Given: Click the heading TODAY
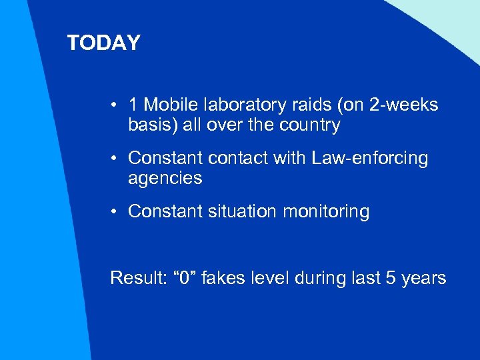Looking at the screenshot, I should (103, 43).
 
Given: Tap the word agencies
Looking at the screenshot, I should (165, 179).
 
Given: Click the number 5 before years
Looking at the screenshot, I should (391, 277).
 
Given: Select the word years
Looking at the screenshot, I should (424, 278).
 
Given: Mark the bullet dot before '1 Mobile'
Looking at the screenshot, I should (115, 105).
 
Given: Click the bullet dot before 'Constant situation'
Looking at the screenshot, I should (115, 212).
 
